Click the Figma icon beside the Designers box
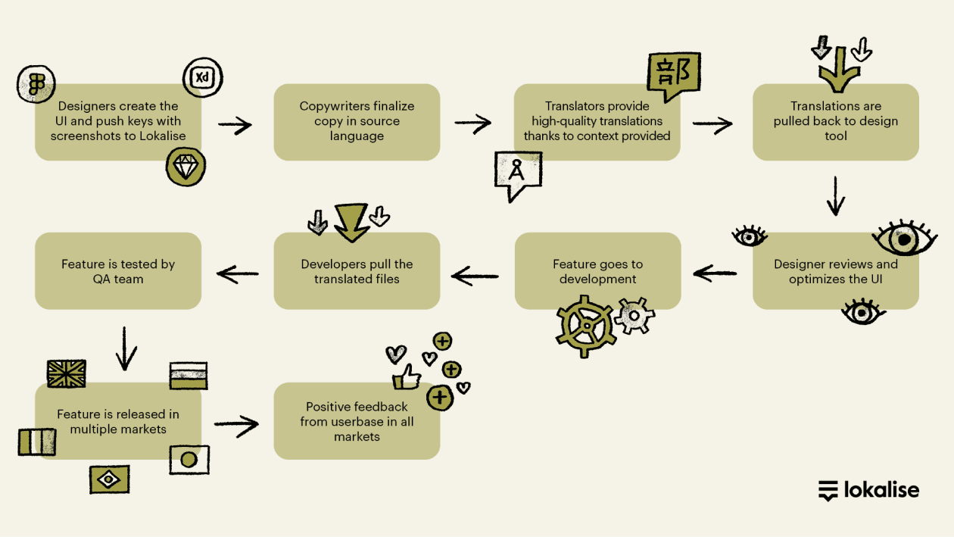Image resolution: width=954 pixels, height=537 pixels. click(x=36, y=83)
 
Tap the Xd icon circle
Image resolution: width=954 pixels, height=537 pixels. click(x=202, y=78)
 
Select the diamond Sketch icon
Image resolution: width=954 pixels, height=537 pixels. click(x=185, y=167)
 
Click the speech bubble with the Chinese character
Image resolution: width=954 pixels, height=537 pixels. click(x=673, y=75)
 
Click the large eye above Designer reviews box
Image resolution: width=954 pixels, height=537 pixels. click(x=904, y=239)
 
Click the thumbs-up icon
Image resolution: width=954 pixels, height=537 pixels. click(x=407, y=376)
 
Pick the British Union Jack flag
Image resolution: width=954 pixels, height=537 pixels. click(x=67, y=373)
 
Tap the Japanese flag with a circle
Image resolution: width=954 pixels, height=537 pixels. click(x=189, y=460)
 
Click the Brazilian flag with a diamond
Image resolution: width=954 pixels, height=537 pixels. click(x=109, y=479)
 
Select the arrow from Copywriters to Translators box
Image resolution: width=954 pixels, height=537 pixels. click(x=472, y=123)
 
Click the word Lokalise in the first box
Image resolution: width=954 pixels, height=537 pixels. click(x=161, y=136)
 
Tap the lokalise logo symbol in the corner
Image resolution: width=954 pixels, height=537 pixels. click(x=828, y=490)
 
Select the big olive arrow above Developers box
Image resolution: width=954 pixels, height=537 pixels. click(x=351, y=222)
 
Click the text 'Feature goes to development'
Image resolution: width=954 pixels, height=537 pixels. click(x=597, y=271)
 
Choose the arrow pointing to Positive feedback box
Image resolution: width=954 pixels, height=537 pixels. click(x=236, y=426)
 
